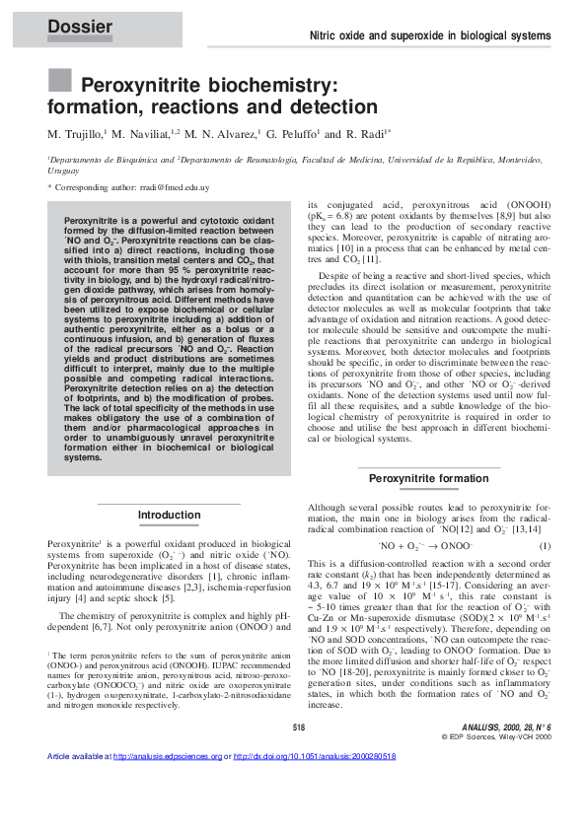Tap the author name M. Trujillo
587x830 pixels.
pos(78,131)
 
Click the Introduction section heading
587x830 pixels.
pos(169,515)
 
